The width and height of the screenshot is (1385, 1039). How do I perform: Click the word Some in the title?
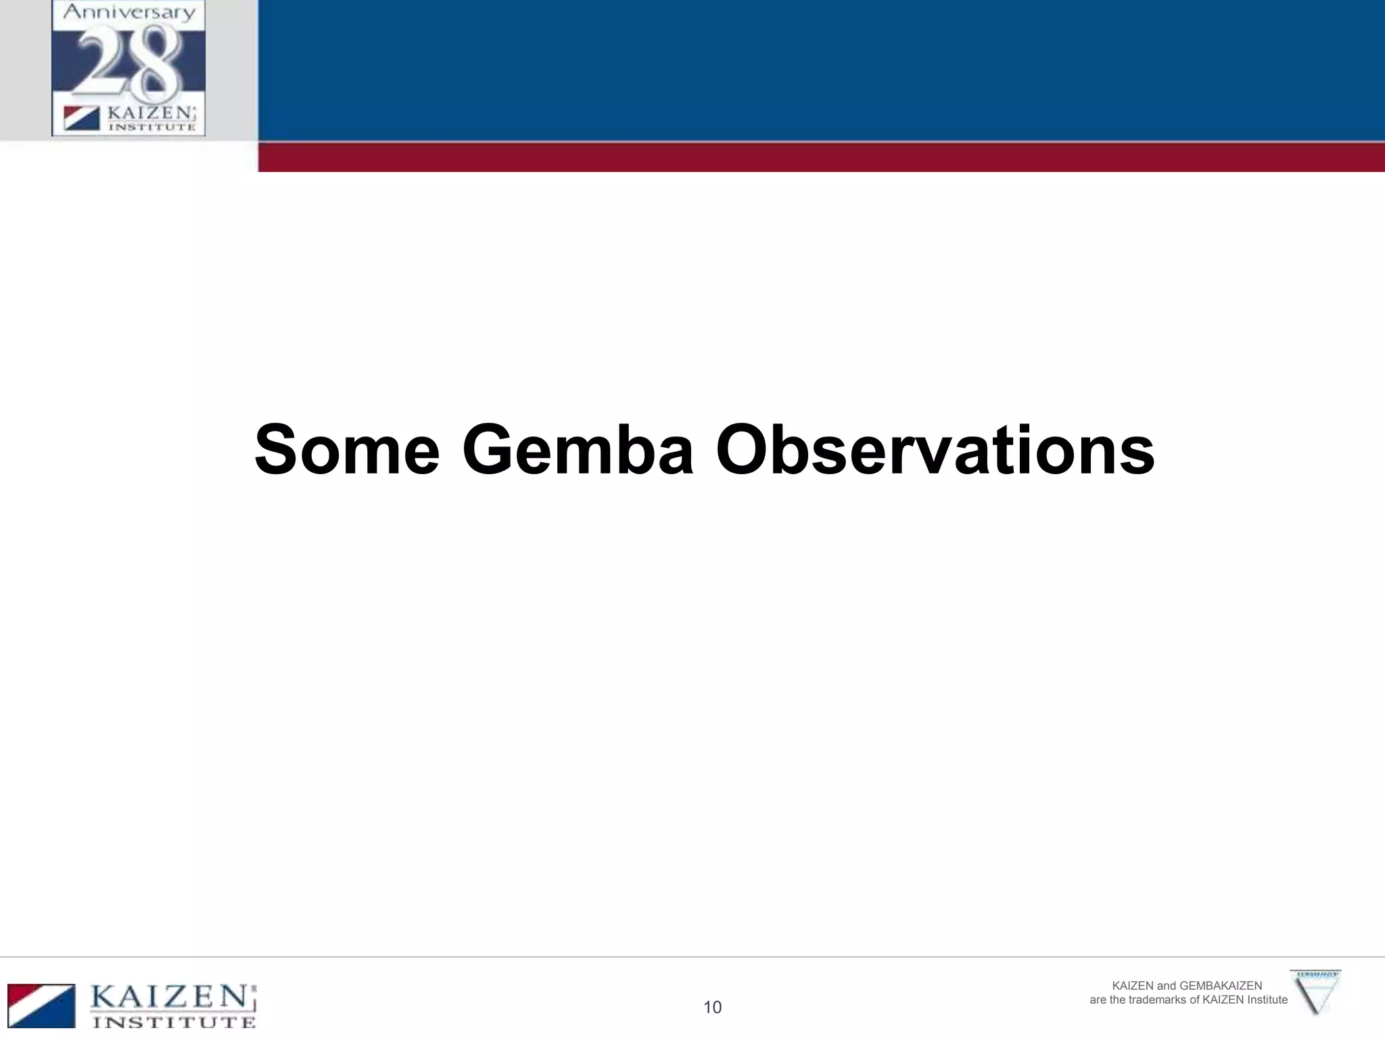(347, 450)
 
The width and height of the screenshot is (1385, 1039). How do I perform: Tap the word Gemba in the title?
(578, 450)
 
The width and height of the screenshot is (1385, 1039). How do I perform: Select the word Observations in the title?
(935, 450)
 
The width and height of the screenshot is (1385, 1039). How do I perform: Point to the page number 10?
(712, 1007)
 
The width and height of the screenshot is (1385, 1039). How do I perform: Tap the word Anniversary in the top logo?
(128, 13)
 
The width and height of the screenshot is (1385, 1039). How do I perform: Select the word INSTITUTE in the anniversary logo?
(152, 126)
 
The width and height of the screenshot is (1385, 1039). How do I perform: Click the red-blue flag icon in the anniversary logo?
(82, 118)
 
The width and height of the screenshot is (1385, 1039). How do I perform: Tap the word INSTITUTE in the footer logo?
(174, 1021)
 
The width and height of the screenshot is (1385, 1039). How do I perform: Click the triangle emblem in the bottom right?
(1315, 992)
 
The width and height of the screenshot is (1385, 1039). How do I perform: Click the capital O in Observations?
(747, 450)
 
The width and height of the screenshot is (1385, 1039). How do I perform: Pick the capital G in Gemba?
(492, 450)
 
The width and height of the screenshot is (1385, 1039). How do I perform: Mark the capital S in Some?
(278, 450)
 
